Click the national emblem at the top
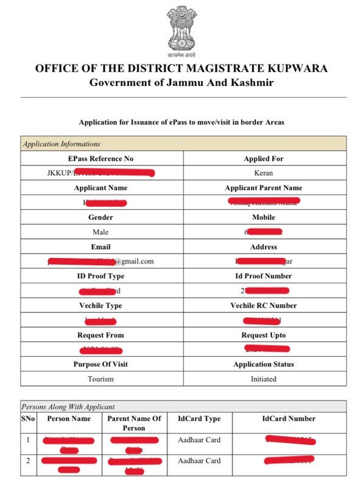tap(182, 29)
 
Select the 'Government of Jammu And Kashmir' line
tap(182, 82)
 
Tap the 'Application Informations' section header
tap(61, 144)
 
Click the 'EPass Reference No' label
tap(102, 159)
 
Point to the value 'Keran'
tap(264, 173)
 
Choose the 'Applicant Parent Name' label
tap(263, 188)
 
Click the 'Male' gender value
tap(101, 232)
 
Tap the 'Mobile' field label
tap(263, 217)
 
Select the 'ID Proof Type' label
tap(101, 276)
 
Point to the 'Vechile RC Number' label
tap(263, 306)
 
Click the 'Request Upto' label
tap(263, 335)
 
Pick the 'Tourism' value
tap(101, 379)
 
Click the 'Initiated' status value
tap(263, 379)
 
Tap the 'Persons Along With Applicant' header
tap(68, 407)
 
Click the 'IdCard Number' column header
tap(289, 419)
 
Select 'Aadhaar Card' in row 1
tap(199, 440)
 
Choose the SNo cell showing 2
tap(27, 461)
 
